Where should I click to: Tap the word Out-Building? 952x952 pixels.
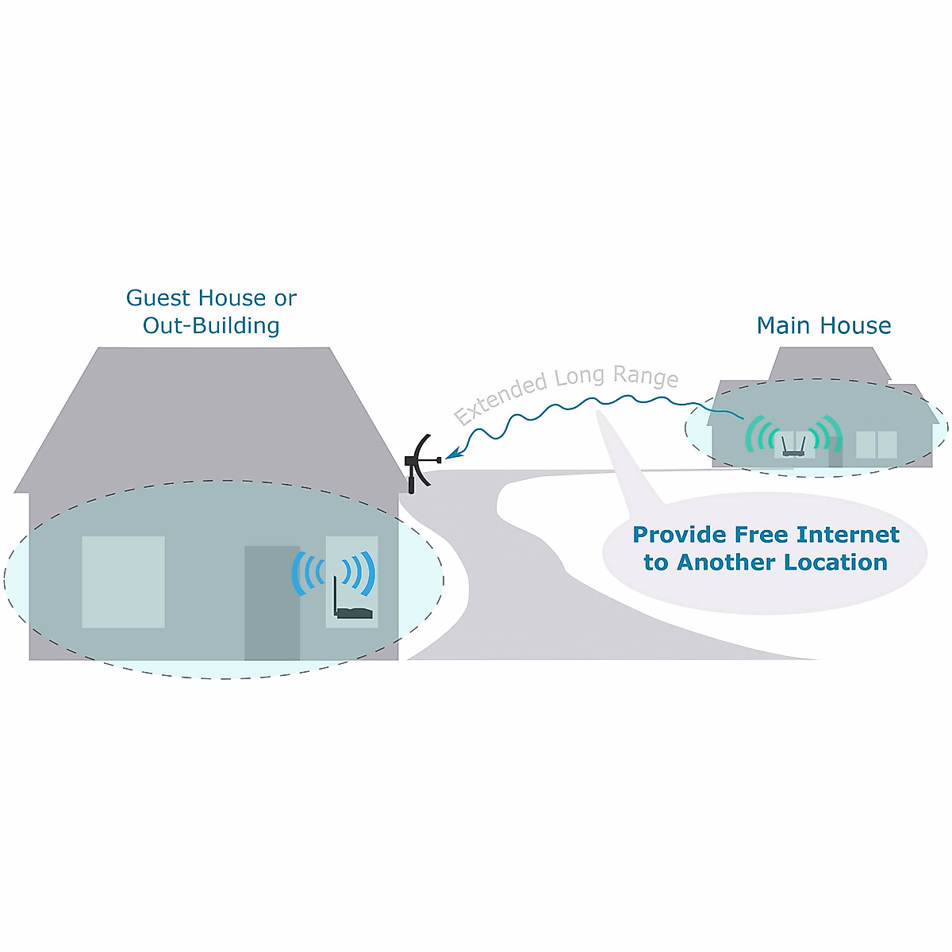coord(211,326)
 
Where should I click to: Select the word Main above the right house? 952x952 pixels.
coord(785,326)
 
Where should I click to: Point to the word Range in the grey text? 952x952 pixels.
coord(646,376)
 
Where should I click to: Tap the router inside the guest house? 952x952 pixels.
coord(352,612)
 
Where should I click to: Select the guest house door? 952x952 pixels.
coord(271,603)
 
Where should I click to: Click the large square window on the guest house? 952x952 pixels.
coord(123,582)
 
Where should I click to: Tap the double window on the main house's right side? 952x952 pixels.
coord(876,444)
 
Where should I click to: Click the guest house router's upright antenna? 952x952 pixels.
coord(336,595)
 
